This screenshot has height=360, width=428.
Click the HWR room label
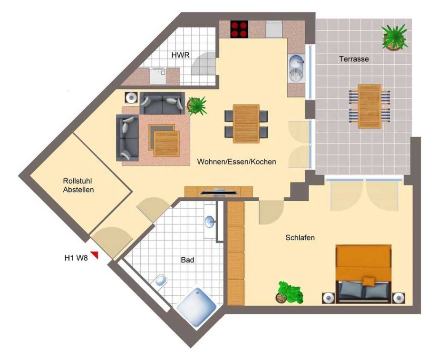click(x=180, y=55)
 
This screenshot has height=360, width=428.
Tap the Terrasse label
click(x=354, y=58)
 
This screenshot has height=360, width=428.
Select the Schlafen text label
click(x=300, y=237)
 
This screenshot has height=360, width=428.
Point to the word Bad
click(x=187, y=260)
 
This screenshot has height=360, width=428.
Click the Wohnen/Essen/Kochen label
click(x=236, y=162)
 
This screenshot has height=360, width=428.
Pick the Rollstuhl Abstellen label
click(x=78, y=185)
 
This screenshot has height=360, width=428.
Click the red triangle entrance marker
click(x=95, y=254)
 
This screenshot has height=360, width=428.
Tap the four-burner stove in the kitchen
click(x=239, y=29)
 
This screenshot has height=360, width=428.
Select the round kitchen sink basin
click(x=296, y=61)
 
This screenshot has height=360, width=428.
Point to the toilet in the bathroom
click(x=160, y=281)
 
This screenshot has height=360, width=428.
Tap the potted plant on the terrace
click(x=395, y=37)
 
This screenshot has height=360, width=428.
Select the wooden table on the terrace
click(x=370, y=106)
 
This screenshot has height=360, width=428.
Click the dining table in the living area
click(x=246, y=124)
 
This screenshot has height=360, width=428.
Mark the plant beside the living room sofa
click(x=196, y=106)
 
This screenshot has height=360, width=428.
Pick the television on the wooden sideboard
click(x=218, y=193)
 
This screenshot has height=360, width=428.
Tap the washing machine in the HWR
click(x=158, y=77)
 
